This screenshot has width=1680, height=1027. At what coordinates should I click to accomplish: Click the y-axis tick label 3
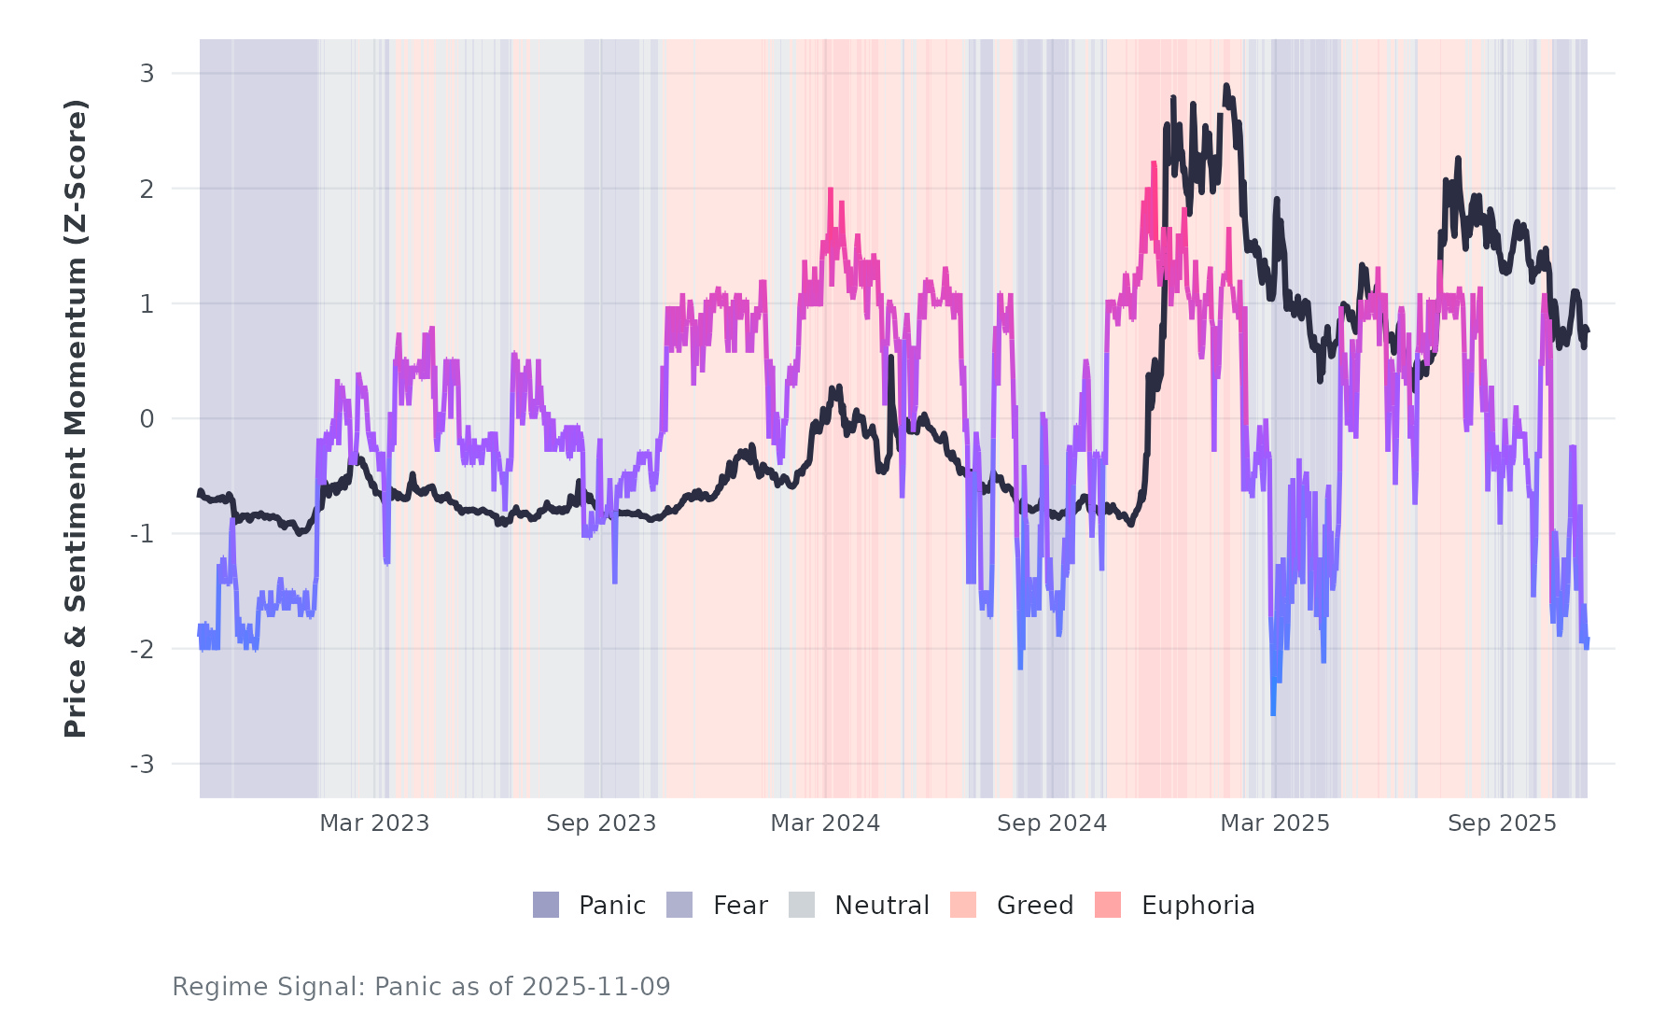point(147,73)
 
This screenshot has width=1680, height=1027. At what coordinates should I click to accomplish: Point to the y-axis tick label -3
point(142,765)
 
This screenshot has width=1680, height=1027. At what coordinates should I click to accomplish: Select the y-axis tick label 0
point(147,419)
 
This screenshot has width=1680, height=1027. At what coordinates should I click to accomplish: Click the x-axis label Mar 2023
point(374,823)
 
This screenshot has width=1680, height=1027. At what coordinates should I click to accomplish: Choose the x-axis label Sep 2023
point(601,823)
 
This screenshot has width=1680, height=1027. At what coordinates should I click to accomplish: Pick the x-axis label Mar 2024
point(825,823)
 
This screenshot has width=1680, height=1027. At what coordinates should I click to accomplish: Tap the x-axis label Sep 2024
point(1052,823)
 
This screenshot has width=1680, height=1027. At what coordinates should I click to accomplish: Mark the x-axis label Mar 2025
point(1275,823)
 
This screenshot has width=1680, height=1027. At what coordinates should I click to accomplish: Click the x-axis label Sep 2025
point(1502,823)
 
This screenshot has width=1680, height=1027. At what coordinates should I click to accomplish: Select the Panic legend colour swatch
point(546,905)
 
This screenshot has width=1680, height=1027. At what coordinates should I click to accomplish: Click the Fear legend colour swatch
point(679,905)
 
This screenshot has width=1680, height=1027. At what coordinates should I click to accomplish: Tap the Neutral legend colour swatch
point(802,905)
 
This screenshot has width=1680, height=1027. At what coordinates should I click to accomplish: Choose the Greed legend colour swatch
point(963,905)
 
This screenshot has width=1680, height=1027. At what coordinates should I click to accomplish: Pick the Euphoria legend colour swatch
point(1108,905)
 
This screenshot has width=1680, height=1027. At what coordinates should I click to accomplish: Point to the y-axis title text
point(75,418)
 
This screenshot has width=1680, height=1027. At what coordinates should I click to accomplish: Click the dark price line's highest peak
point(1226,87)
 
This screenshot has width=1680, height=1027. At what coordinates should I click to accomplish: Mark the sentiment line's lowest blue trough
point(1273,713)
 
